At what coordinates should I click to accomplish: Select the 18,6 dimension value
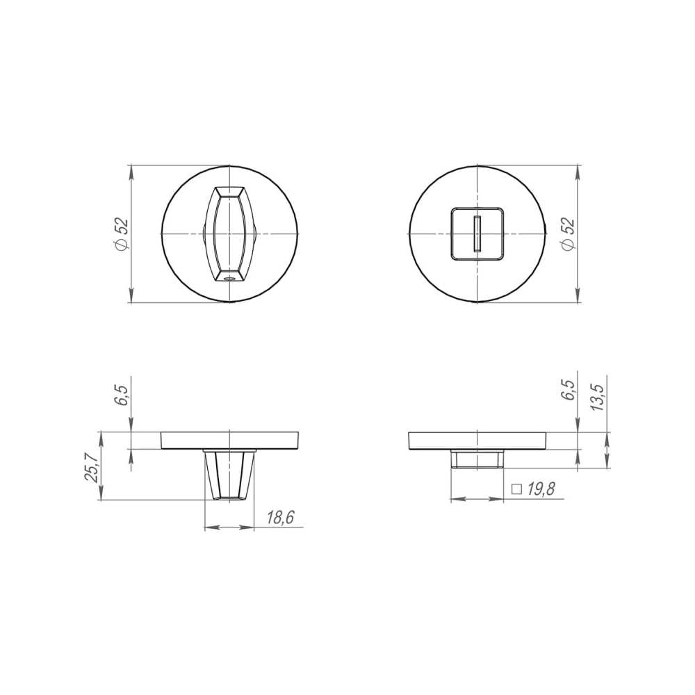(281, 517)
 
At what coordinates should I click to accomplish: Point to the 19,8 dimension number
(541, 489)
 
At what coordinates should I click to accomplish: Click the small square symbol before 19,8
(516, 489)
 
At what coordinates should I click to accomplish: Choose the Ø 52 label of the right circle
(568, 235)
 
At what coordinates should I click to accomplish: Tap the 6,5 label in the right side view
(569, 390)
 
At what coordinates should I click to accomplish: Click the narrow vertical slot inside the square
(477, 234)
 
